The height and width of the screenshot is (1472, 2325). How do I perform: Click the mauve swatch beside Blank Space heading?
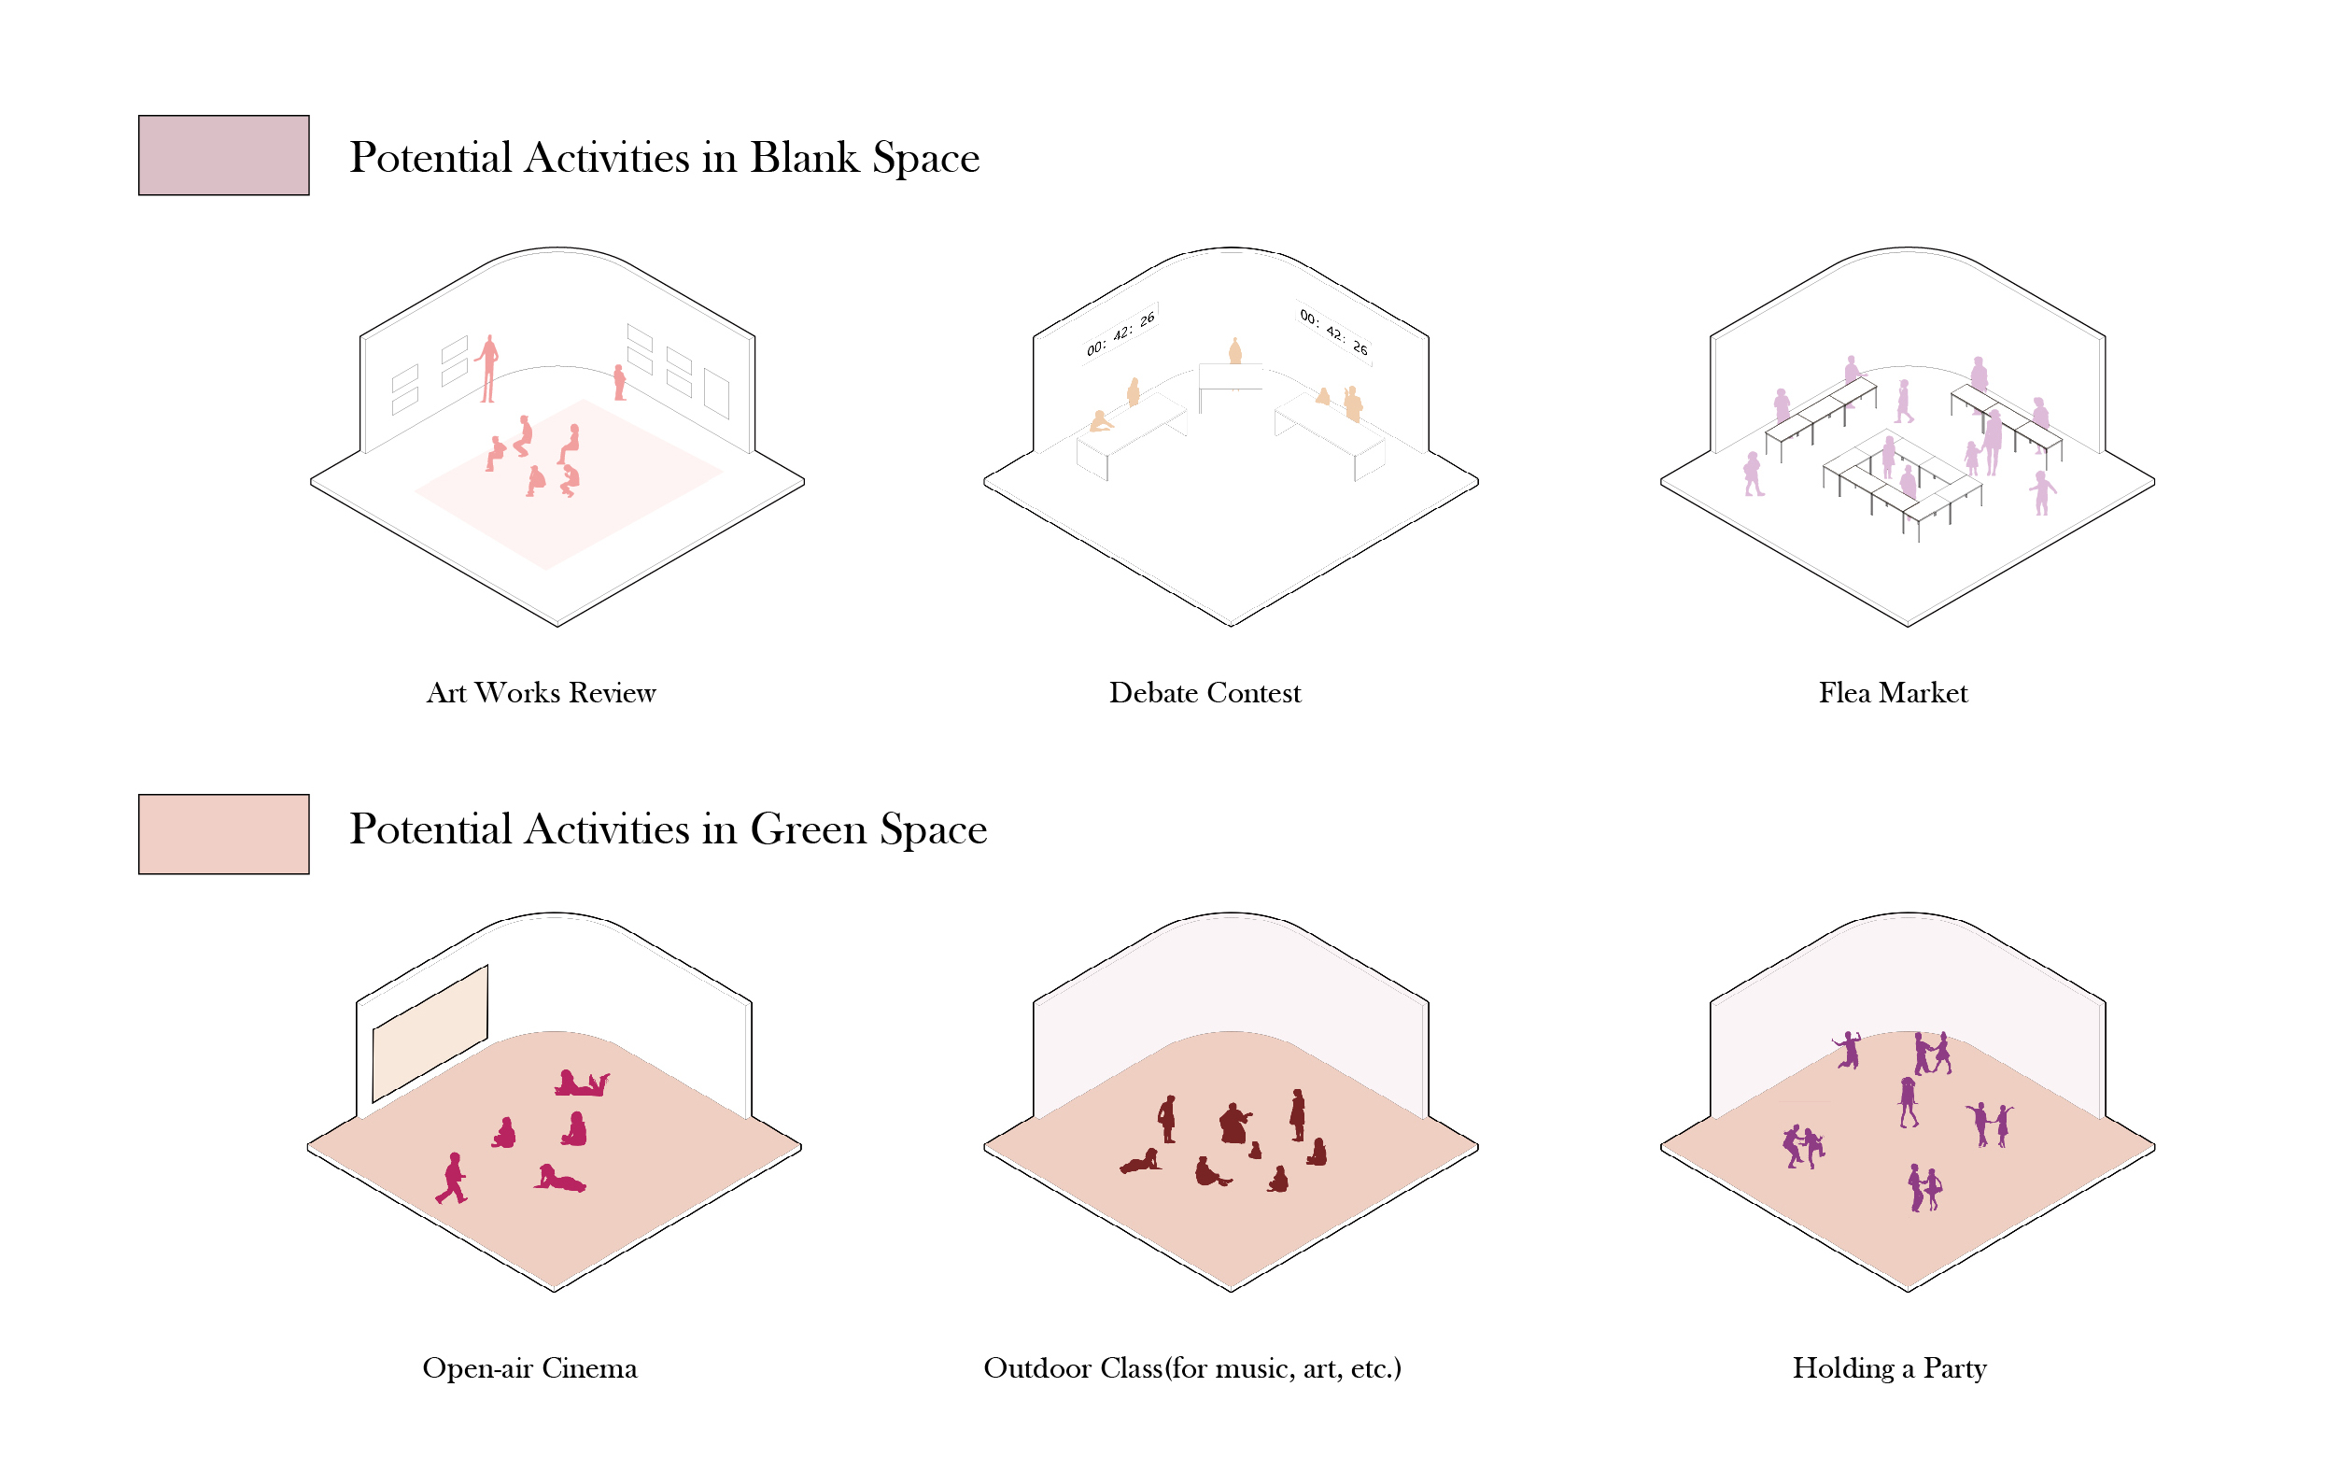click(223, 155)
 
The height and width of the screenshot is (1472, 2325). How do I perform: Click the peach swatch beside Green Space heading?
click(223, 833)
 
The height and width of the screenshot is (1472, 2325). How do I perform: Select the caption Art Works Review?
click(541, 692)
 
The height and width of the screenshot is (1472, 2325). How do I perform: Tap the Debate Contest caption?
click(1204, 692)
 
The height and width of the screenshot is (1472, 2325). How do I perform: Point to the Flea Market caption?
click(1893, 692)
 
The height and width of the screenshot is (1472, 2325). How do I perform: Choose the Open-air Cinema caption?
click(529, 1367)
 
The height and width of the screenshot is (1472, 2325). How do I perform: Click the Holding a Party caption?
click(1889, 1367)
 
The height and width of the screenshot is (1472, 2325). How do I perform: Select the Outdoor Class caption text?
click(1191, 1367)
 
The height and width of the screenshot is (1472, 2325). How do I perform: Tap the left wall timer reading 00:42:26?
click(1120, 333)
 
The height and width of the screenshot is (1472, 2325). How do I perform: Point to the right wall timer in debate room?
click(1333, 332)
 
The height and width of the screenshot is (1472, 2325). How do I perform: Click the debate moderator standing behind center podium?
click(1234, 350)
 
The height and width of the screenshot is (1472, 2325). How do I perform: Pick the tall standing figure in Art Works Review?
click(488, 368)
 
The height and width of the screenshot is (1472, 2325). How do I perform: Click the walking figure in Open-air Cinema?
click(452, 1178)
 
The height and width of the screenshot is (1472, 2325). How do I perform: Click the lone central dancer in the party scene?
click(1908, 1102)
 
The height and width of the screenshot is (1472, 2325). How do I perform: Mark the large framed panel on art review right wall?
click(716, 393)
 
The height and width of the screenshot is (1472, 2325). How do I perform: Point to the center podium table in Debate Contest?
click(1230, 376)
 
